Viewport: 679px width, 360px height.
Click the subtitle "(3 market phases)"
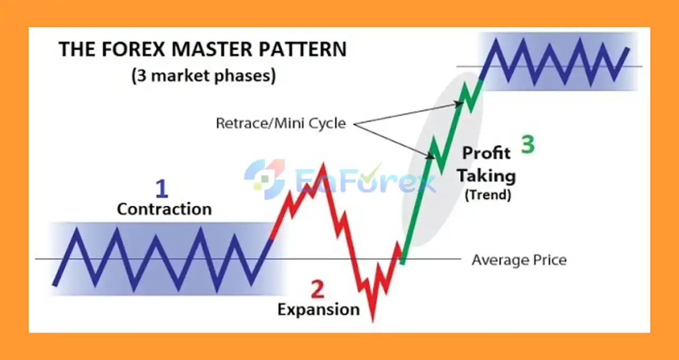click(204, 76)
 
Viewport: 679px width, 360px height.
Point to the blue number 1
click(162, 189)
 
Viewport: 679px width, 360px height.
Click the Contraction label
click(164, 209)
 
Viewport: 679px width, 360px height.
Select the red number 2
click(318, 289)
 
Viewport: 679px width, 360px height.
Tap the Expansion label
click(319, 310)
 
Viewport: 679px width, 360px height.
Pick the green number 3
click(528, 145)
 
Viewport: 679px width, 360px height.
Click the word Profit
click(486, 153)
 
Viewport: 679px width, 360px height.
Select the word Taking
click(486, 175)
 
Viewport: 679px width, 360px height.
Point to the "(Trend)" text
click(488, 195)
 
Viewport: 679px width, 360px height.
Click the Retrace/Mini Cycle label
click(281, 124)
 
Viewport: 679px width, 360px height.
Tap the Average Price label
click(519, 260)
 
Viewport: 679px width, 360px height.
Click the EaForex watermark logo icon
click(265, 179)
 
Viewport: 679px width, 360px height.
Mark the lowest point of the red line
click(373, 321)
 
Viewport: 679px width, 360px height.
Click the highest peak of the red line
click(323, 164)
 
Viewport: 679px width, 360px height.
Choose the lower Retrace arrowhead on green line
click(430, 156)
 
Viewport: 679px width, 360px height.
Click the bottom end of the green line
click(403, 262)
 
